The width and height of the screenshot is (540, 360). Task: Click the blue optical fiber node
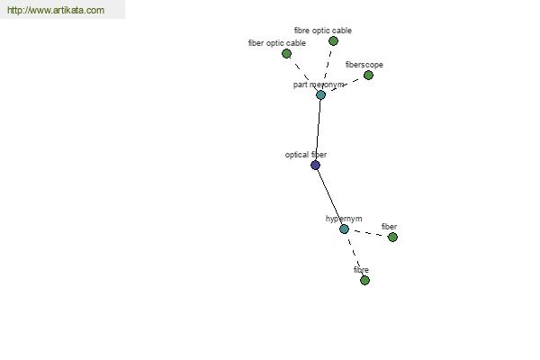(316, 166)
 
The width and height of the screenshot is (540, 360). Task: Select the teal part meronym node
(320, 95)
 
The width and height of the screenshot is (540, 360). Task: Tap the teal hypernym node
(344, 229)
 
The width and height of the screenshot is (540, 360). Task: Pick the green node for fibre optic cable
(333, 41)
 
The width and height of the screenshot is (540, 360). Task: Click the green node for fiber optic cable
(286, 54)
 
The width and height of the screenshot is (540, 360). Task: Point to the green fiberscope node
(368, 75)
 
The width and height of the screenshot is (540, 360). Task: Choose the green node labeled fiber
(392, 237)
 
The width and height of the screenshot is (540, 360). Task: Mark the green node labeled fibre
(364, 281)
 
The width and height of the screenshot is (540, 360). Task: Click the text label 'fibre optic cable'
(323, 31)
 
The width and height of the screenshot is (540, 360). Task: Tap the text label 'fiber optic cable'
(277, 43)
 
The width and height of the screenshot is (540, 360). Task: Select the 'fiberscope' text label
(364, 65)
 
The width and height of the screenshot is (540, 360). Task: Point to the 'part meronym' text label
(319, 85)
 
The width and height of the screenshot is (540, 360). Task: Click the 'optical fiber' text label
(306, 155)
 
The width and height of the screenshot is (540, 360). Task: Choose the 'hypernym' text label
(344, 219)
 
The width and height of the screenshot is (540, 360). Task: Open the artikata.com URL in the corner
(56, 10)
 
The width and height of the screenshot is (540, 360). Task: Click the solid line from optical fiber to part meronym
(319, 130)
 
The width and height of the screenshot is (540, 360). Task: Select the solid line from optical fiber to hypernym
(329, 197)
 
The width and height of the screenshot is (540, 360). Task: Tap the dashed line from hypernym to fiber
(368, 233)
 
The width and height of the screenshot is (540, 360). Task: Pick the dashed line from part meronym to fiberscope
(345, 85)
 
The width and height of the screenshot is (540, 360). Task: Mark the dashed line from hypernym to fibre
(355, 255)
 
